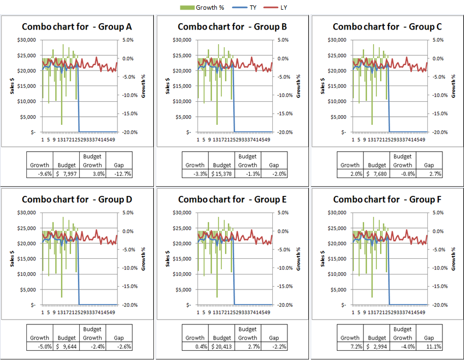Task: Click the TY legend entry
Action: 249,8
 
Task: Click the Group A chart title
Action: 77,27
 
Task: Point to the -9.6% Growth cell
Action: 39,174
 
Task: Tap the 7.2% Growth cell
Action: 350,347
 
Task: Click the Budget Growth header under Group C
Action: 403,161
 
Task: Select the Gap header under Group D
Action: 119,338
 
